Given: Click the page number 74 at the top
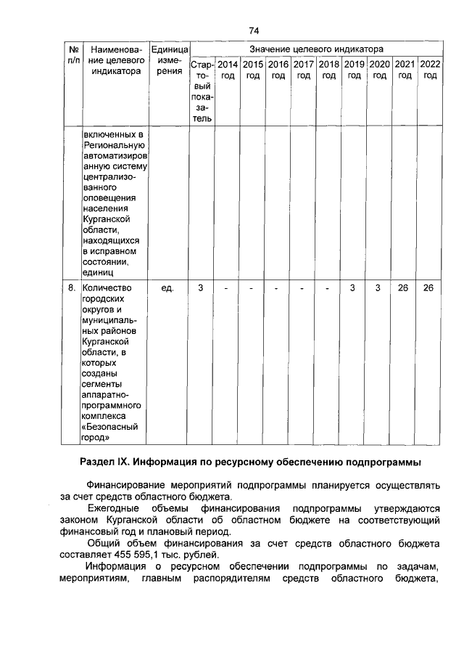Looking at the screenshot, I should (x=254, y=30).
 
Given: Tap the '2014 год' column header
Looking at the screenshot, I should (x=228, y=70).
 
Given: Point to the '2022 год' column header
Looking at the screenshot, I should (x=430, y=70).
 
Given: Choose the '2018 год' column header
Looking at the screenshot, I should (x=328, y=70).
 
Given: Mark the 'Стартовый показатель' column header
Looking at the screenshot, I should (x=201, y=91).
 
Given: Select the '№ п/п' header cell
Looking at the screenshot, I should (x=72, y=54).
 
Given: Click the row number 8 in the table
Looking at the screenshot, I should (x=72, y=288).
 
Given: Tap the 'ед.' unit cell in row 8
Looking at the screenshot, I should (x=168, y=288).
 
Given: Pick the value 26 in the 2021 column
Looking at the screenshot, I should (x=403, y=288).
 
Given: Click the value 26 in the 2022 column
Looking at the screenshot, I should (x=429, y=288).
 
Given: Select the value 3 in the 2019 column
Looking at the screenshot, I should (x=352, y=288).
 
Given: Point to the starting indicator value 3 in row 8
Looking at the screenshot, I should (x=201, y=288).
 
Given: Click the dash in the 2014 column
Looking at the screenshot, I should (x=226, y=288).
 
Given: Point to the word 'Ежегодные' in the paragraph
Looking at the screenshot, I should (x=111, y=509).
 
